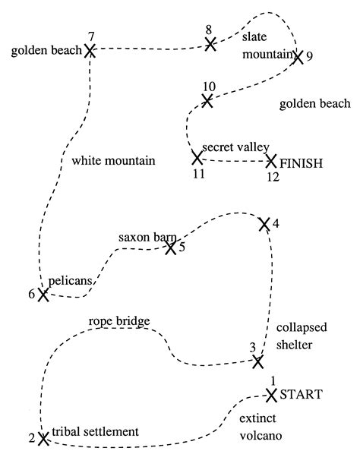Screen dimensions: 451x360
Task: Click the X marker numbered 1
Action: tap(271, 394)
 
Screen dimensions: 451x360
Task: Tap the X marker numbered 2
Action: tap(43, 438)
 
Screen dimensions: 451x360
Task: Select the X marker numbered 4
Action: tap(264, 223)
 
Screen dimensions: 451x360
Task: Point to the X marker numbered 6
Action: tap(43, 295)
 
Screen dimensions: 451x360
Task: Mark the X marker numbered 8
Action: tap(210, 45)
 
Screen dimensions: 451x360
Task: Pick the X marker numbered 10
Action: tap(207, 99)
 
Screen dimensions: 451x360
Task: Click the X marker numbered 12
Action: tap(271, 161)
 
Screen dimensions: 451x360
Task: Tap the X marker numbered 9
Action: tap(297, 56)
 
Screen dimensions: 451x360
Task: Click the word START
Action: tap(302, 394)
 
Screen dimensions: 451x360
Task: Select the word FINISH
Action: tap(302, 162)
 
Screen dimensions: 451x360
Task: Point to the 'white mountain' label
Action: tap(113, 161)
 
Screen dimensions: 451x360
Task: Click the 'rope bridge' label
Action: tap(119, 321)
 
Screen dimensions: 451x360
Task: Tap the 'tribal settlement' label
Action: tap(96, 431)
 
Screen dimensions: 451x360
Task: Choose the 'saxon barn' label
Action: tap(147, 238)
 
